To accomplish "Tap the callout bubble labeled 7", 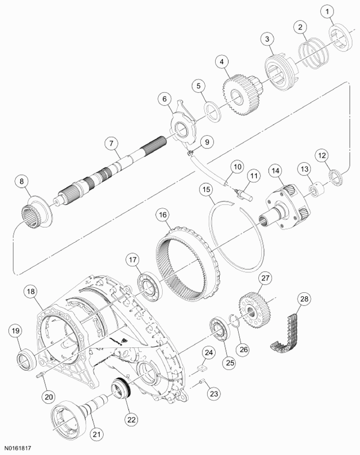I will click(x=111, y=143).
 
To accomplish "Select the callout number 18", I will click(x=30, y=291).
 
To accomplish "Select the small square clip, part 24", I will click(x=201, y=366).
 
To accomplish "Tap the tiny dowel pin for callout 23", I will click(x=201, y=383).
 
